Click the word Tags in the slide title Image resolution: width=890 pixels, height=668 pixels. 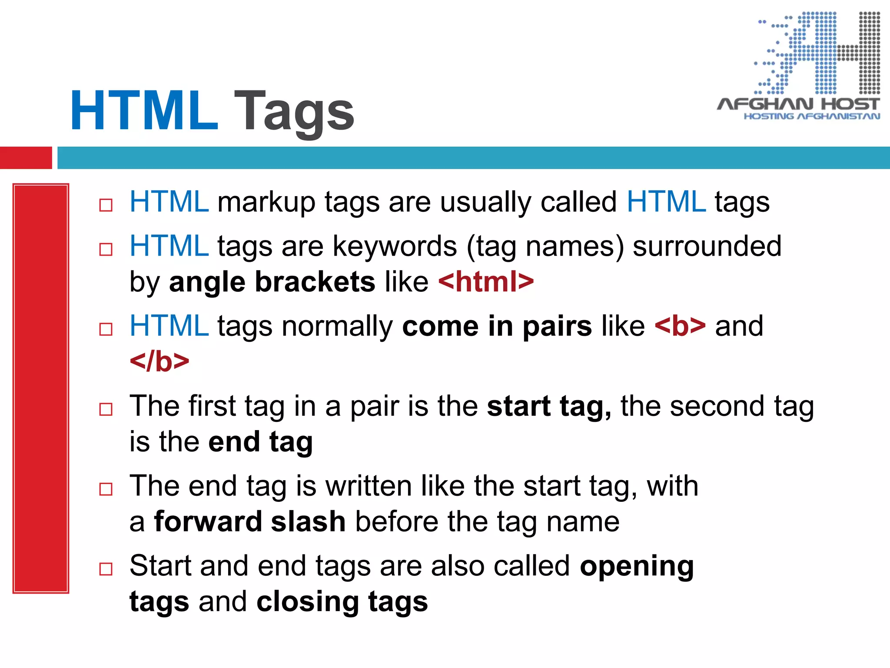point(294,111)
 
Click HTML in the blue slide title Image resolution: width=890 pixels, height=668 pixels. point(144,111)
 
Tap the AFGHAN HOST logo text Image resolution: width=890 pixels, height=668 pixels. point(798,104)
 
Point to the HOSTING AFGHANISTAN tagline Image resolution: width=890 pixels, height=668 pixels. point(812,117)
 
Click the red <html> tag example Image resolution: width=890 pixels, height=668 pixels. point(486,282)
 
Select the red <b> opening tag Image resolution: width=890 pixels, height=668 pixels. point(680,326)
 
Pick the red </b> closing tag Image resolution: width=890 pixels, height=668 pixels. point(159,362)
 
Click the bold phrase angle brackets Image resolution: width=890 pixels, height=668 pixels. point(272,282)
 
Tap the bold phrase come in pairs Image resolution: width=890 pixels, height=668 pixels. point(497,326)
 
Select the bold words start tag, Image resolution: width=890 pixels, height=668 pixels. point(549,406)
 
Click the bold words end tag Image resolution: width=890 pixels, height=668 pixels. point(260,442)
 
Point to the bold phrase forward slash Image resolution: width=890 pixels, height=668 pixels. point(250,521)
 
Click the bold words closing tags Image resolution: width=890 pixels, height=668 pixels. point(342,602)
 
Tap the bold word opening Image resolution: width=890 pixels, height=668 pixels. point(637,566)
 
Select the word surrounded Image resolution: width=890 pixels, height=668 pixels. point(707,246)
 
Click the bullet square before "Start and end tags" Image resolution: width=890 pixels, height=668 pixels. point(106,569)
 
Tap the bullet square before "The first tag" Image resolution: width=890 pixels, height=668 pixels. point(106,409)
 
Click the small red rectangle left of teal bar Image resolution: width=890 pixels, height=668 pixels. point(26,157)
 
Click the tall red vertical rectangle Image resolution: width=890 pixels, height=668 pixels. point(41,388)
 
